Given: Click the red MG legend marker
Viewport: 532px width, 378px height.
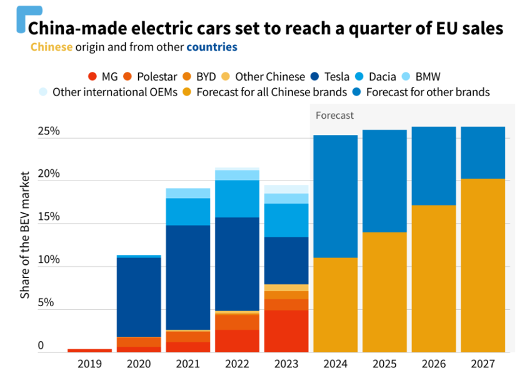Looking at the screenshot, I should click(x=92, y=77).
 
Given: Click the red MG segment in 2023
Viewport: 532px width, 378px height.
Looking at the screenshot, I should click(x=286, y=331).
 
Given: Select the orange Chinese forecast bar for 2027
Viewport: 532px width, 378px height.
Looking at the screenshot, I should click(x=483, y=266).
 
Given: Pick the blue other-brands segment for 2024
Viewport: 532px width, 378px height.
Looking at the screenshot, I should click(x=335, y=196).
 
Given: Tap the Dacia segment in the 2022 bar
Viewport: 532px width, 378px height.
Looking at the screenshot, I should click(x=238, y=199).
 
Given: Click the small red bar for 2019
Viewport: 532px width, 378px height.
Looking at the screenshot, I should click(x=89, y=351).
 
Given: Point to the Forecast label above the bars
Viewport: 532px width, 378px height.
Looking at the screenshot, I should click(x=334, y=116).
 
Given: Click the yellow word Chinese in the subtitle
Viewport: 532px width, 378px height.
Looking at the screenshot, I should click(x=51, y=47).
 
